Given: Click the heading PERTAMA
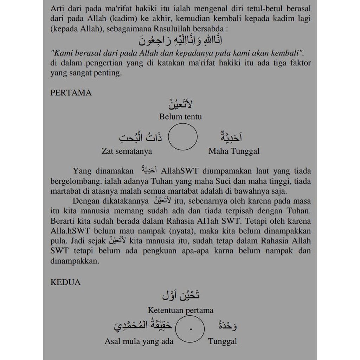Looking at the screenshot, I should pos(71,93).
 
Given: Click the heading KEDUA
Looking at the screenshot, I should pos(65,282).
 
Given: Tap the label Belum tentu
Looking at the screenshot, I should pos(180,116).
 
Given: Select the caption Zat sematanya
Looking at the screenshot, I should pos(127,151).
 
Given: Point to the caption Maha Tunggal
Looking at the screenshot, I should pos(234,151).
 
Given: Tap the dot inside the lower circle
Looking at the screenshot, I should pos(191,329).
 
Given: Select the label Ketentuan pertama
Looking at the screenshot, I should pos(180,310).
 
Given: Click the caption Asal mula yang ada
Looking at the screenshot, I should pos(139,341).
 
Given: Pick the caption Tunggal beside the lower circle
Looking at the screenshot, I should pos(222,341).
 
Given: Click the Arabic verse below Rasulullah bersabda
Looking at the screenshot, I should pos(180,40).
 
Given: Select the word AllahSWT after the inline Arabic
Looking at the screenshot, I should pos(180,171).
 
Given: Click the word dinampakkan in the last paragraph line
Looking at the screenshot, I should pos(75,261).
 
